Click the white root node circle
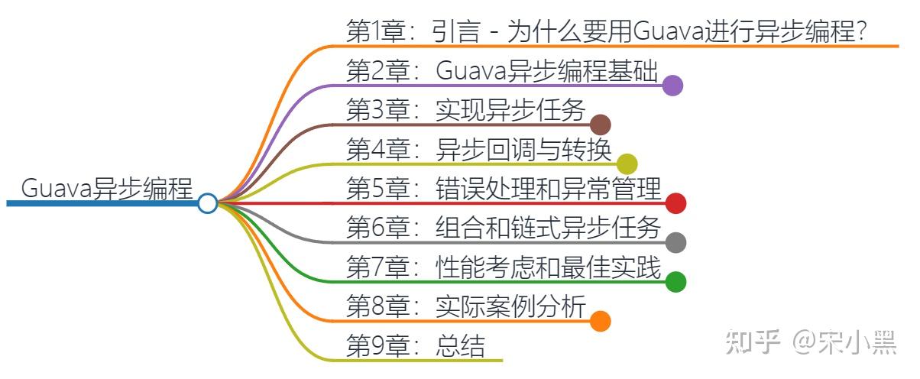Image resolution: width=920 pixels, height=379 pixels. [207, 203]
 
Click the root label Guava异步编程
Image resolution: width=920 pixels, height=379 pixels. [107, 187]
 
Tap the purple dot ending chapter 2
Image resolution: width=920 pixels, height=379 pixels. [672, 86]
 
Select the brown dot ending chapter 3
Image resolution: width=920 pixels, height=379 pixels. [601, 125]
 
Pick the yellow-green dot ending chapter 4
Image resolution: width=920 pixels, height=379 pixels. [627, 164]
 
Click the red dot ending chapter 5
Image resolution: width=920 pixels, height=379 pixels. [675, 203]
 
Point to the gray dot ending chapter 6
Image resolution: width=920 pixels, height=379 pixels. [675, 243]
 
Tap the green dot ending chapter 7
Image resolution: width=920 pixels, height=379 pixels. [675, 282]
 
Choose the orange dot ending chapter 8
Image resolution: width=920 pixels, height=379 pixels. [601, 321]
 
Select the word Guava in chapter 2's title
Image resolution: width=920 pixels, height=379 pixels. [471, 71]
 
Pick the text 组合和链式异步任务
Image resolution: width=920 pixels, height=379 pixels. [549, 228]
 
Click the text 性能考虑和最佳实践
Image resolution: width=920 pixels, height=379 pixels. [549, 267]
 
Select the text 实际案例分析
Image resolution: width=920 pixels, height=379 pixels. [510, 307]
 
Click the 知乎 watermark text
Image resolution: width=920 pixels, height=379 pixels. [753, 343]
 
